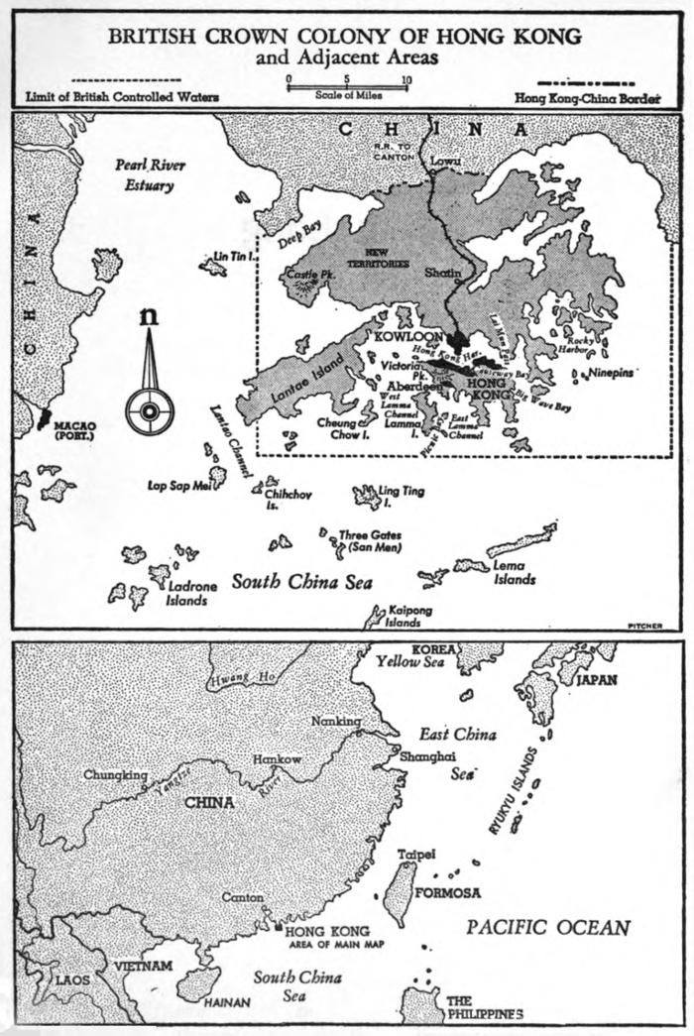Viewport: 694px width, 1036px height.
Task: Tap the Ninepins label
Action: click(x=607, y=375)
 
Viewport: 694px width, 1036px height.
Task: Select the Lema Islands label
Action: click(x=515, y=572)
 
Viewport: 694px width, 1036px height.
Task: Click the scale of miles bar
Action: click(x=347, y=87)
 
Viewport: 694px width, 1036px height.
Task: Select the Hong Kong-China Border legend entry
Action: click(x=588, y=98)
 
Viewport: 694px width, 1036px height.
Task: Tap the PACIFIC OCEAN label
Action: click(x=548, y=928)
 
